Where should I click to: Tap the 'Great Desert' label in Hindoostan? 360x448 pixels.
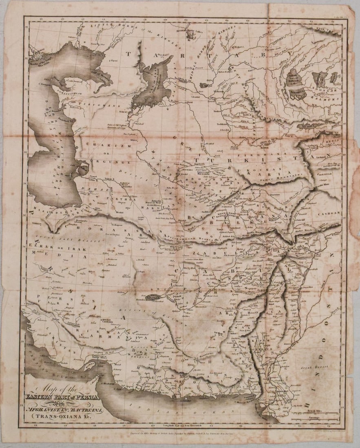(x=312, y=367)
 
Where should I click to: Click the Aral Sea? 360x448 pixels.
(x=153, y=86)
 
